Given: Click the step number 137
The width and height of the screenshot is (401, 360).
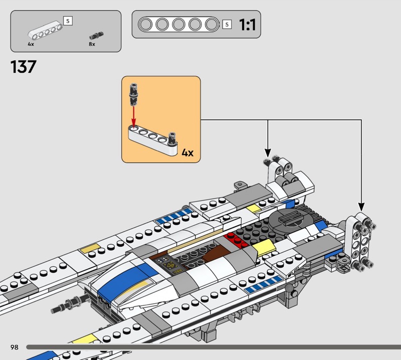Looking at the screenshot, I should pos(24,67).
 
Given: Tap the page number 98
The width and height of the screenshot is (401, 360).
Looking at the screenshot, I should pos(14,347).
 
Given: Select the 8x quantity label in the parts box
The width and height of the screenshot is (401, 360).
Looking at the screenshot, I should pos(92,45).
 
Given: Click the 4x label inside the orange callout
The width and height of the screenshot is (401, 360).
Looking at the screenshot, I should pos(187,152).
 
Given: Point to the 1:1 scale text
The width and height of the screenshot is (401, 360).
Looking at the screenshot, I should pos(247,25).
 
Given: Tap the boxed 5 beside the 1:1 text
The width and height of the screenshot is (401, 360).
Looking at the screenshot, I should pos(227,25).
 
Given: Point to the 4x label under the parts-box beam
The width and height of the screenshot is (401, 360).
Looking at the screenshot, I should pos(31,45).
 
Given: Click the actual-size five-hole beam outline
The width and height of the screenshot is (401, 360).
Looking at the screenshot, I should pos(178,24).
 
